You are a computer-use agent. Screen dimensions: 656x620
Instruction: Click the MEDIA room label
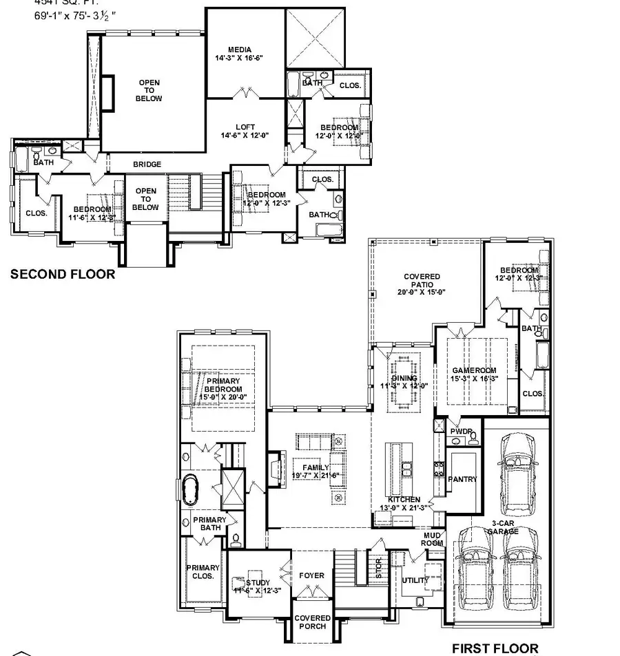tap(240, 50)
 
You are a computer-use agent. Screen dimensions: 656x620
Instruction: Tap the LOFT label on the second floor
tap(245, 127)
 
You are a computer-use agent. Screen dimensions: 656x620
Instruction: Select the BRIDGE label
tap(147, 165)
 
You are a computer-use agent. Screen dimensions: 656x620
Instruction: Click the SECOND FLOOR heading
tap(63, 275)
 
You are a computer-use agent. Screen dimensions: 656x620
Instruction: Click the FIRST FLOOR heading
tap(495, 648)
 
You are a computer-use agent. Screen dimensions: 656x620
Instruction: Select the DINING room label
tap(404, 379)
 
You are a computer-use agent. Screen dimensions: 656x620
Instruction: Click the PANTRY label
tap(462, 479)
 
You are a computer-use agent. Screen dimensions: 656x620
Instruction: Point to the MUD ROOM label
tap(433, 539)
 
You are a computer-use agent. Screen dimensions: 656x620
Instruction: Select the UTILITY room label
tap(415, 580)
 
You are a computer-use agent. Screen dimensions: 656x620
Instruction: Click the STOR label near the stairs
tap(378, 569)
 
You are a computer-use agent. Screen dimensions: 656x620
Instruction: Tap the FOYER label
tap(311, 575)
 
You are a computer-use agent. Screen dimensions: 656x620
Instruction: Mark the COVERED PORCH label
tap(313, 622)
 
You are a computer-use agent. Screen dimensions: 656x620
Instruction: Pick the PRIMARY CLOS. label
tap(203, 572)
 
